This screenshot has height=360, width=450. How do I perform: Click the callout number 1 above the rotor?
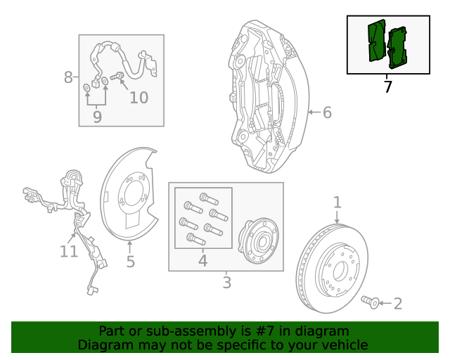coord(337,202)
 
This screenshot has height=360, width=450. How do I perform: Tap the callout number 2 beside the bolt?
coord(398,304)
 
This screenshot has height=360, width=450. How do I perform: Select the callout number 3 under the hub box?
coord(226,283)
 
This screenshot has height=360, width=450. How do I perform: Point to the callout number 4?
coord(202,261)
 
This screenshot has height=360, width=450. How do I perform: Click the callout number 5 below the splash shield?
coord(130,262)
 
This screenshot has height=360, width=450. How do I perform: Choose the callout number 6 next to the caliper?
coord(327,112)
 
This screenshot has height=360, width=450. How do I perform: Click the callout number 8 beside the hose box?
coord(68,77)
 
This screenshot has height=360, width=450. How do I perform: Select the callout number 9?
coord(97,117)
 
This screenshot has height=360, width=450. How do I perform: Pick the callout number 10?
coord(139,97)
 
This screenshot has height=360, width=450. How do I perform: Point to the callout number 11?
coord(68,251)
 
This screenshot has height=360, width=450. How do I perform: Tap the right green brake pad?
coord(399,48)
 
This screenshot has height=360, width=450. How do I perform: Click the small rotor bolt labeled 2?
coord(370,302)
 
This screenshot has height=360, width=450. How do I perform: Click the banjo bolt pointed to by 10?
coord(117,75)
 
